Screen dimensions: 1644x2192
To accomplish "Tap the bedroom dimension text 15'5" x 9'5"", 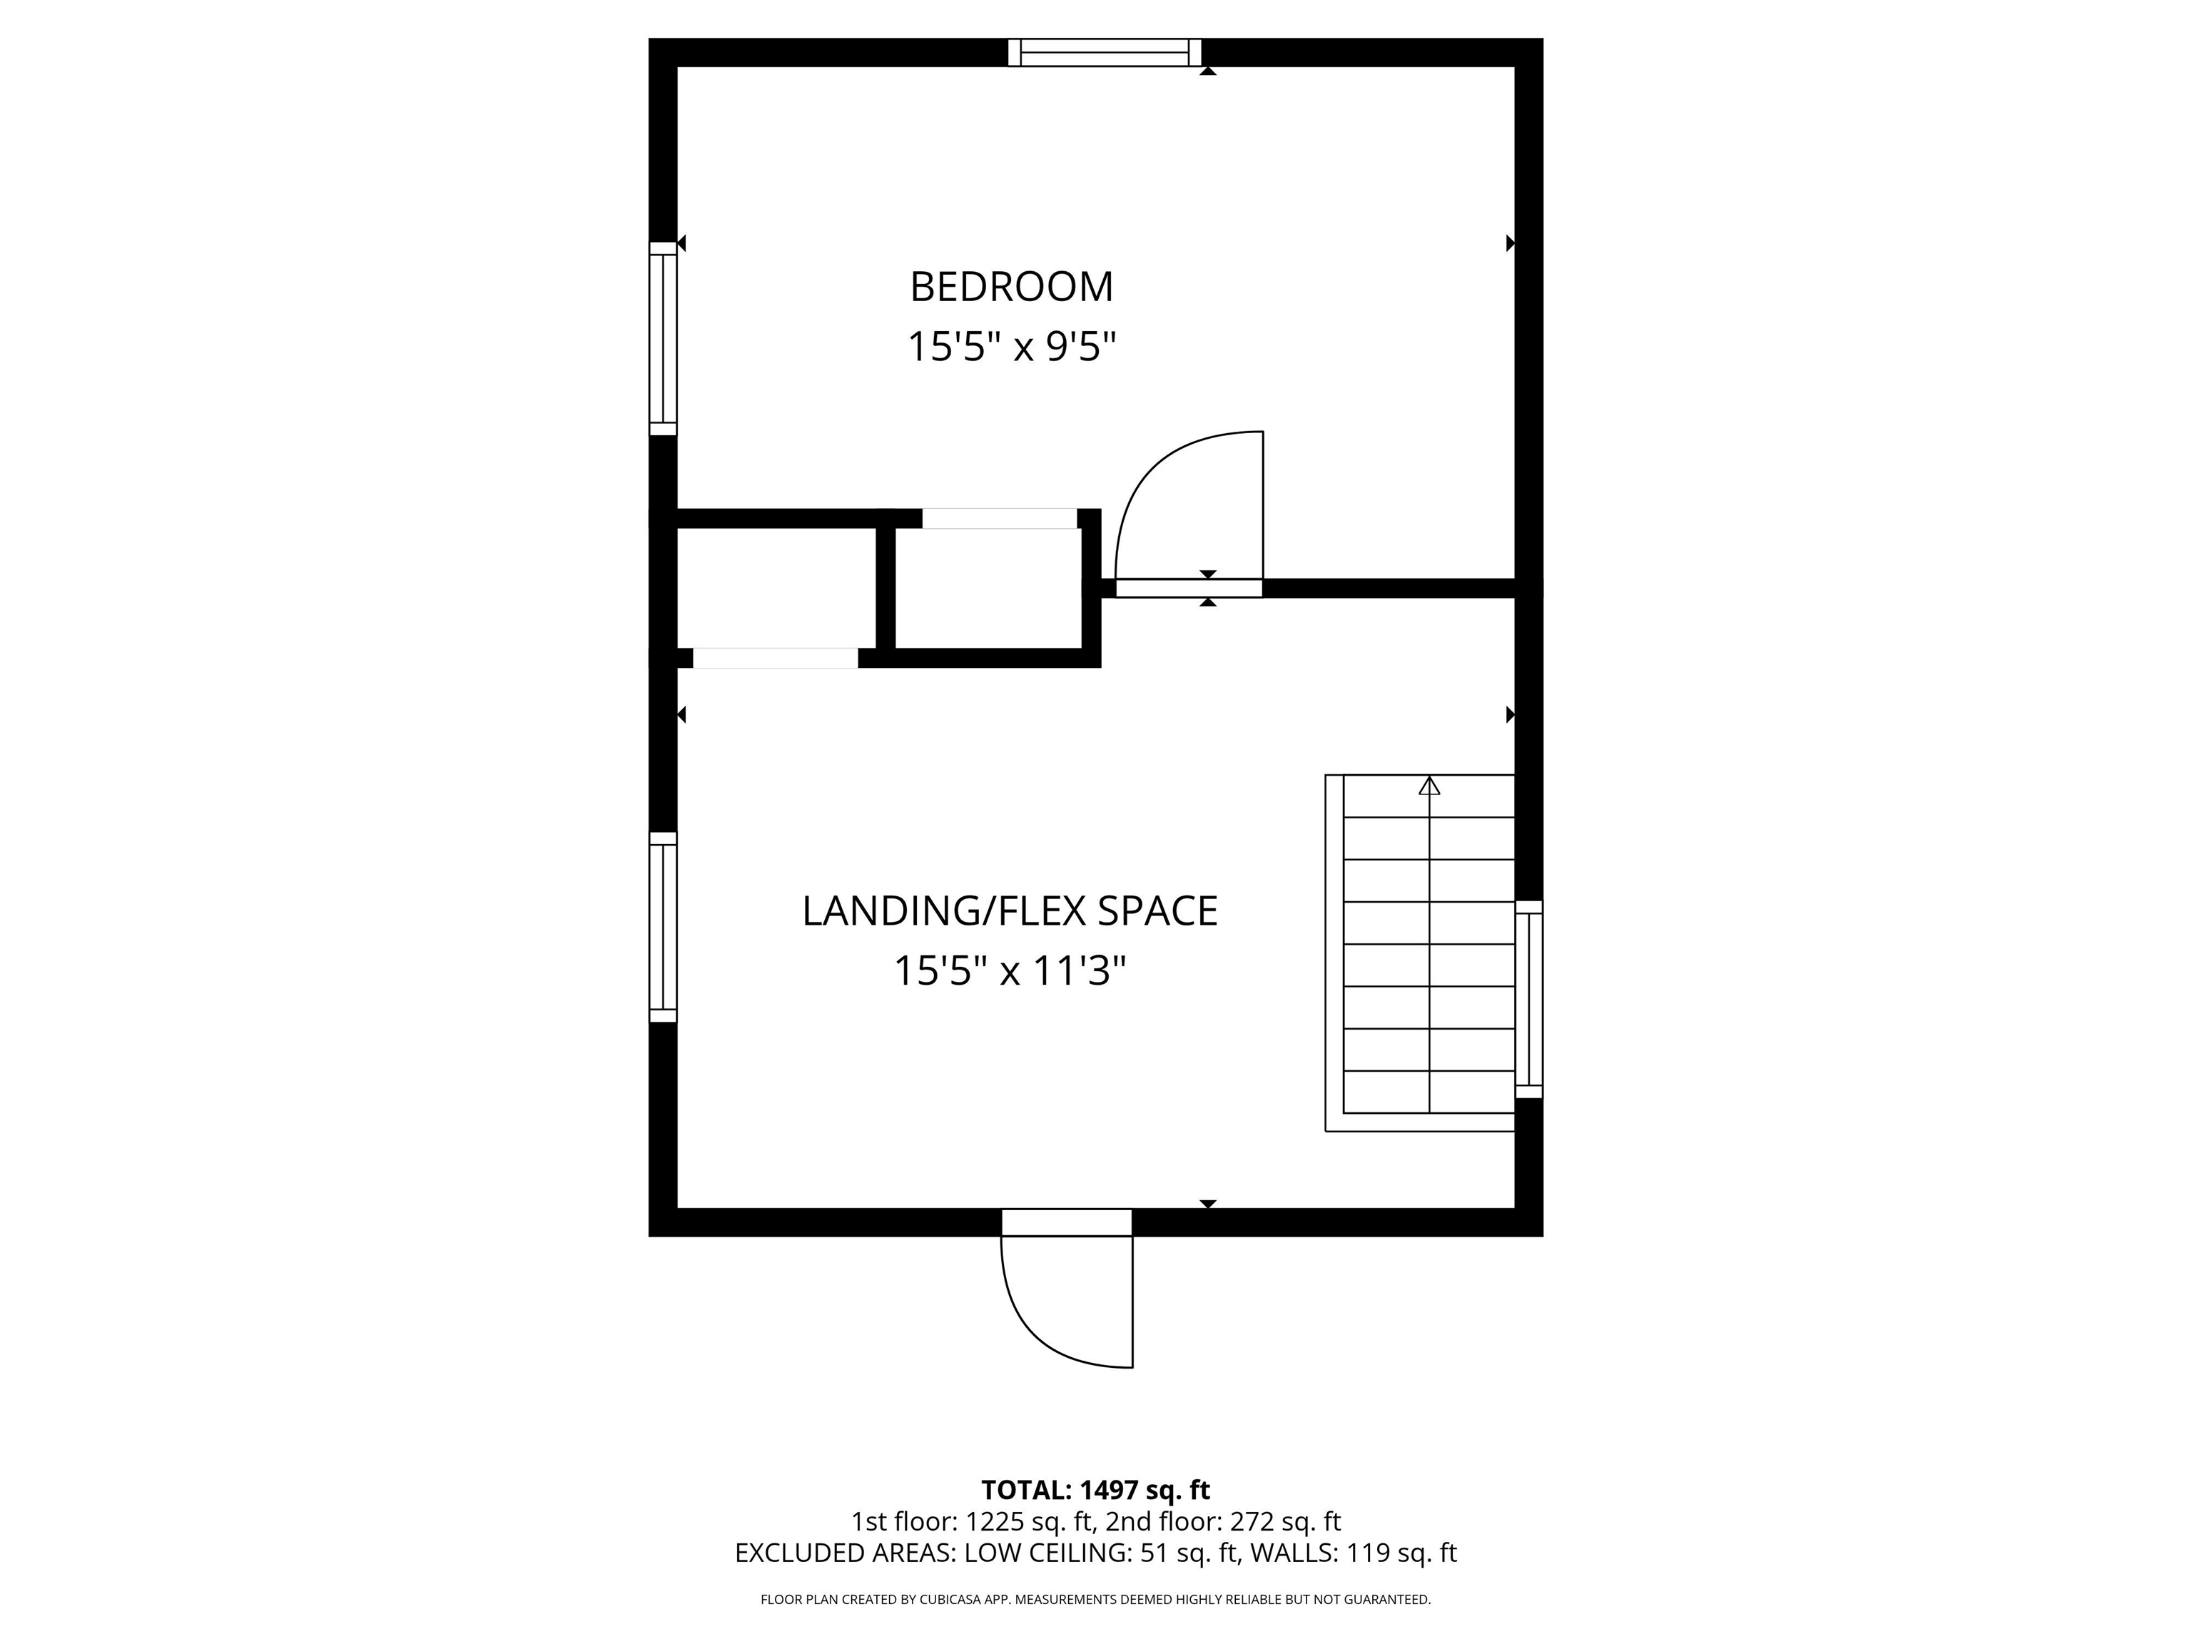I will click(x=1011, y=347).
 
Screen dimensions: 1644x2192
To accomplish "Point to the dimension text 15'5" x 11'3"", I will click(x=1010, y=971).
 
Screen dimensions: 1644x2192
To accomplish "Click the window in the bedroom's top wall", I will click(x=1104, y=53).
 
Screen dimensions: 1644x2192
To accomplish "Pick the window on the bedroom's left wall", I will click(x=663, y=338).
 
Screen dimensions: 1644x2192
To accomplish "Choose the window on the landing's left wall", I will click(x=663, y=927).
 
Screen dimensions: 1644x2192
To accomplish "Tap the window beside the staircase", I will click(x=1529, y=999).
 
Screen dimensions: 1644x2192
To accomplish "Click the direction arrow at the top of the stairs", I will click(x=1429, y=786).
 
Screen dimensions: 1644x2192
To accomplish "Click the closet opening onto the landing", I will click(x=775, y=658).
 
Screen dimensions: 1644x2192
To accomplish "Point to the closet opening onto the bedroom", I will click(x=999, y=518).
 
